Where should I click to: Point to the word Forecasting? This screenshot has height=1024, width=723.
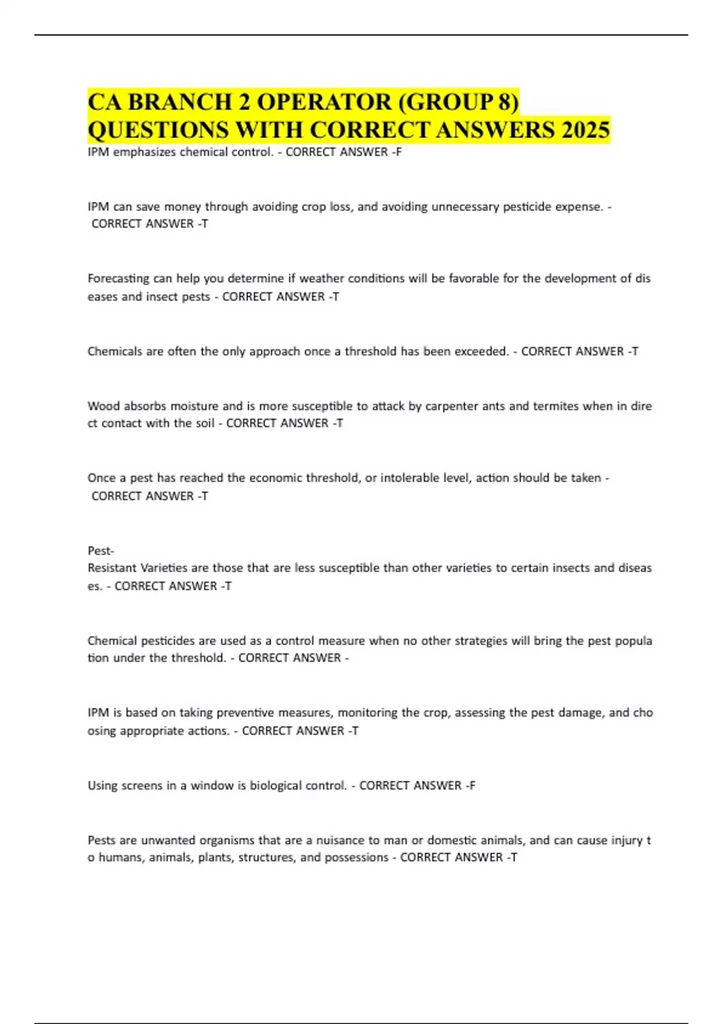[x=118, y=279]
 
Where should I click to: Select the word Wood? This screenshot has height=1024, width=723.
[x=104, y=406]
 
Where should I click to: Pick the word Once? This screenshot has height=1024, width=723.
[x=101, y=478]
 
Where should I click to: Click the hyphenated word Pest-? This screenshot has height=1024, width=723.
[x=101, y=551]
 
